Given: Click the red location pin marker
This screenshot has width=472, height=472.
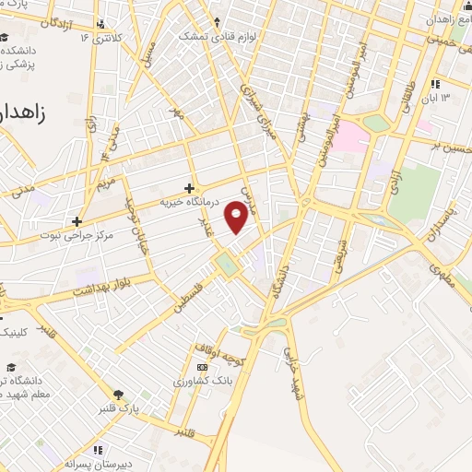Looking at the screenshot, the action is click(x=237, y=218).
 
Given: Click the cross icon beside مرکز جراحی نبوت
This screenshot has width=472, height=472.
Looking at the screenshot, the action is click(x=77, y=221).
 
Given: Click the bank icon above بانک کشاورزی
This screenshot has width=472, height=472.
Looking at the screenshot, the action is click(x=202, y=367).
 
